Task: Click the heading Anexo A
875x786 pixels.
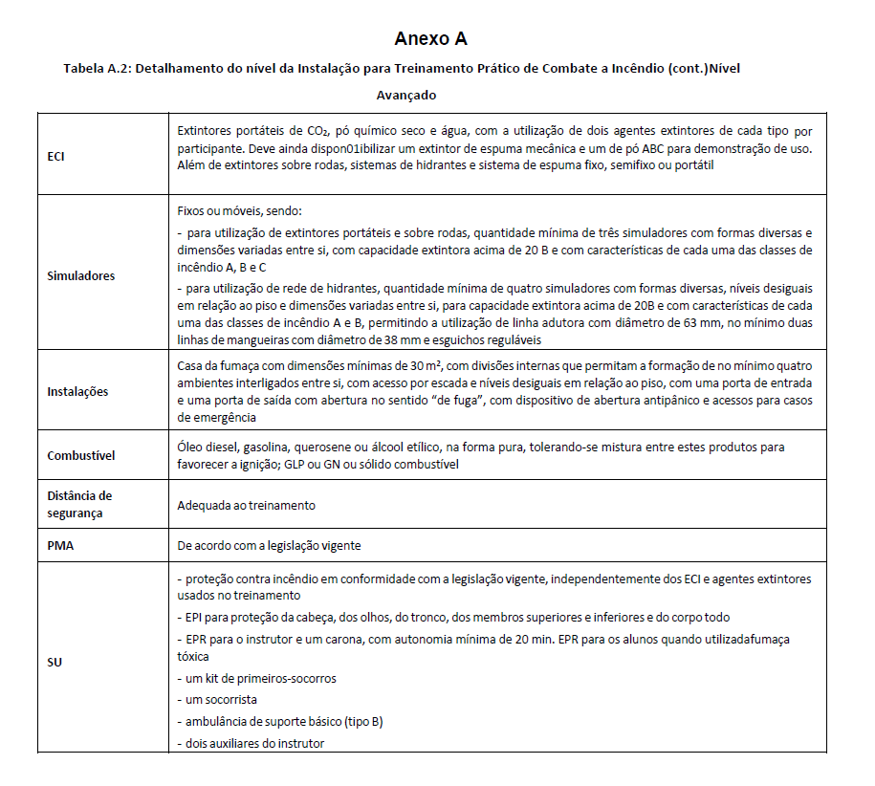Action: point(430,39)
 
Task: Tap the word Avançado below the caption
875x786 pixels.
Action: point(406,96)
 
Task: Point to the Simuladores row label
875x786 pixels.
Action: point(80,275)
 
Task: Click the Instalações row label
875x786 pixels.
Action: point(77,391)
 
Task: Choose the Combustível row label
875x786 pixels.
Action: point(80,455)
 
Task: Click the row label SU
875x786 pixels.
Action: point(55,661)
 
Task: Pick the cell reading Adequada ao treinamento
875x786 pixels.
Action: point(247,505)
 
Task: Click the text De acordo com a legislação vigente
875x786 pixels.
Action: point(269,545)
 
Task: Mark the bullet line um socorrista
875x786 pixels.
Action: point(218,699)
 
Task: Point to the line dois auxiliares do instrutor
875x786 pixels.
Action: point(252,743)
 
